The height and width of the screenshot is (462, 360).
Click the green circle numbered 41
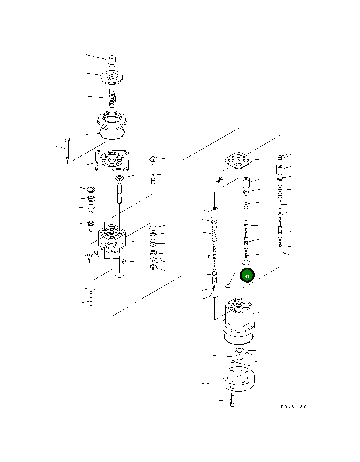247,276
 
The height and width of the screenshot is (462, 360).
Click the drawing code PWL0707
293,406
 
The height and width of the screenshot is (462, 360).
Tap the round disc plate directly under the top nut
112,77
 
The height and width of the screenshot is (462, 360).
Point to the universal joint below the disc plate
112,98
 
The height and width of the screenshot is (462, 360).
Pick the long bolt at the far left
67,149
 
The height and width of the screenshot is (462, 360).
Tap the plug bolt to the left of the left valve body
88,258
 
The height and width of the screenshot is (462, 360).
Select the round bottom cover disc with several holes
238,379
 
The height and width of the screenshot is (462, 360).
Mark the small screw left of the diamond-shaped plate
221,181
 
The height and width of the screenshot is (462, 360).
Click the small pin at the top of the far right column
282,157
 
